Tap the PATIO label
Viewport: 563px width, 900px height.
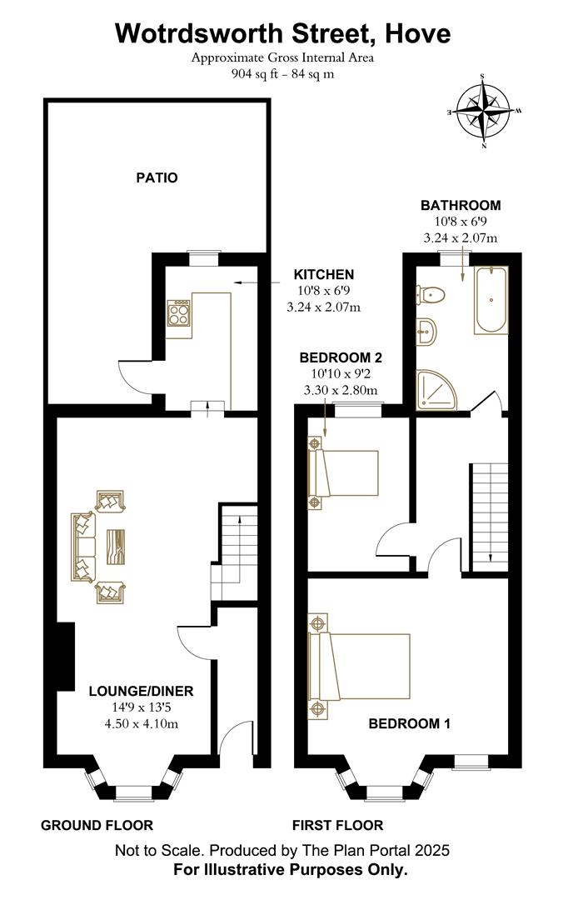pos(157,177)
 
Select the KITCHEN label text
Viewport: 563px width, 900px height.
pos(324,274)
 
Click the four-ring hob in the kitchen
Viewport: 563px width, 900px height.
pos(179,312)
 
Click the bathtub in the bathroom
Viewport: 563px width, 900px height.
pos(491,300)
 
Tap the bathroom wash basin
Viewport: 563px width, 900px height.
pos(426,332)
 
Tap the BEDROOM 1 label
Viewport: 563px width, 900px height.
pos(409,724)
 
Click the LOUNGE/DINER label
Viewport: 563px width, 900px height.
pos(141,691)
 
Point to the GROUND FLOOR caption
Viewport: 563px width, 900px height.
pos(97,825)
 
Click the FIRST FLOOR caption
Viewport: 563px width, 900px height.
pos(337,825)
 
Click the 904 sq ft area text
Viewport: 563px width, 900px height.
pos(256,73)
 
